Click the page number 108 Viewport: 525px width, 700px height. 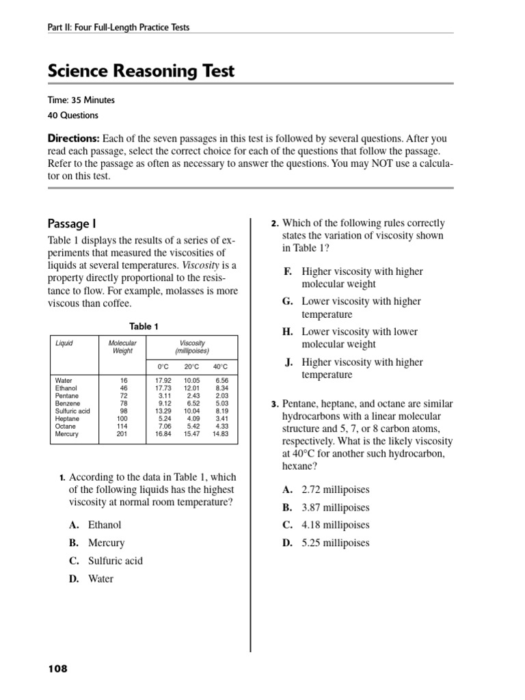[57, 669]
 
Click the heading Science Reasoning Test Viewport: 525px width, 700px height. [141, 71]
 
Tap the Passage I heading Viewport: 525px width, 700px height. [68, 224]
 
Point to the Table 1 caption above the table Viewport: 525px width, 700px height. [144, 327]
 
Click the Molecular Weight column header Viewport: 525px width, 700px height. [123, 347]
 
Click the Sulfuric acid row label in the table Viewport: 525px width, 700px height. [72, 411]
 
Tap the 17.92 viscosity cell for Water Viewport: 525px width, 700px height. [163, 380]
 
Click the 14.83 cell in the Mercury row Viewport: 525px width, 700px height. [220, 434]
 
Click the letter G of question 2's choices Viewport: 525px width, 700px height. [287, 301]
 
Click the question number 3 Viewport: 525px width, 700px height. [274, 405]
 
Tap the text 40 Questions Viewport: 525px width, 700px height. [73, 116]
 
